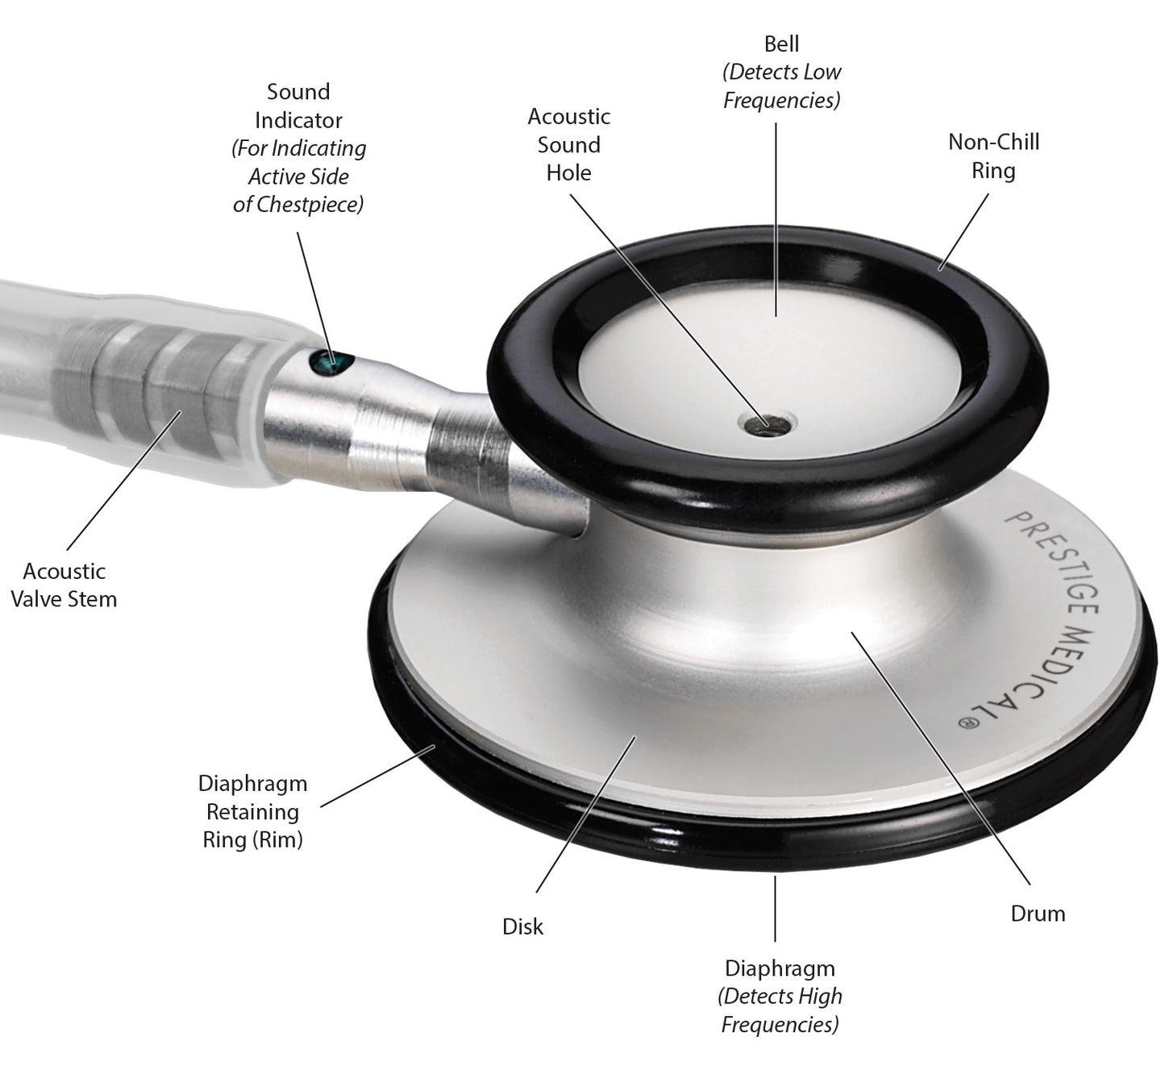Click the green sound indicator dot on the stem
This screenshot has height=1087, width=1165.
pos(327,362)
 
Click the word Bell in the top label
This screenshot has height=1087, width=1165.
pos(781,44)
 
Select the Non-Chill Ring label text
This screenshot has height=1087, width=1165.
pos(994,156)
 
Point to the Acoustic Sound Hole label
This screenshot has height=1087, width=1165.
pos(569,144)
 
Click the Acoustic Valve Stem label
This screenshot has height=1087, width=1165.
pos(64,585)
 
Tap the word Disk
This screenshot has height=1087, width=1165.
pos(522,927)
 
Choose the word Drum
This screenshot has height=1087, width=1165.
pos(1038,914)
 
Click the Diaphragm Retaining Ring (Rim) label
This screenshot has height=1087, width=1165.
pos(253,811)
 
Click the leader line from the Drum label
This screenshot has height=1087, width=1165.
pos(940,758)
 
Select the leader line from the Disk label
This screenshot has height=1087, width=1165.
pos(586,814)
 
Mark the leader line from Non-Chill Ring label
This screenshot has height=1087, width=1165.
pos(963,232)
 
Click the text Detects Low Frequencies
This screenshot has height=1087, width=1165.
pos(781,86)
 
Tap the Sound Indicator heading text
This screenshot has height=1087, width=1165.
pos(298,106)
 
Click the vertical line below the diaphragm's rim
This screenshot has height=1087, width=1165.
pos(775,909)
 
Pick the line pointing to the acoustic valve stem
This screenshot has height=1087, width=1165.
pos(124,480)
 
